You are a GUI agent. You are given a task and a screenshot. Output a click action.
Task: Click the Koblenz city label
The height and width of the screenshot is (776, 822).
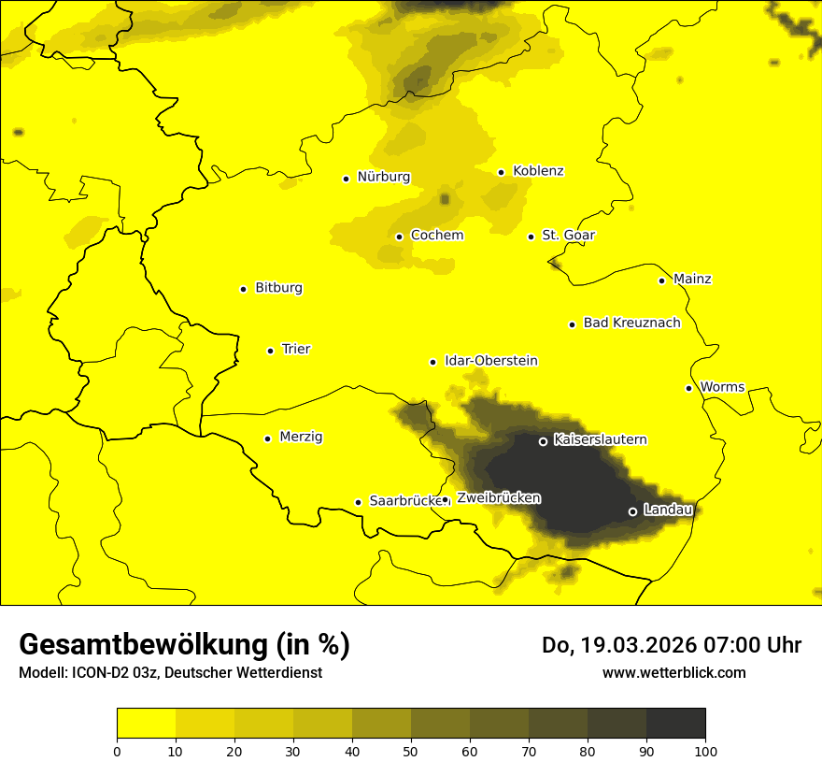coord(538,171)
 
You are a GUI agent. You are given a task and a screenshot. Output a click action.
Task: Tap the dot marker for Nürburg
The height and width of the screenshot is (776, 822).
coord(346,179)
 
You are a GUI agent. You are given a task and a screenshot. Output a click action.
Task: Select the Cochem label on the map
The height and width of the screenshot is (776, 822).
coord(436,236)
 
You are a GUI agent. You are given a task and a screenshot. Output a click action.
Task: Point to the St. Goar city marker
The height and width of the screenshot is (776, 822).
coord(531,237)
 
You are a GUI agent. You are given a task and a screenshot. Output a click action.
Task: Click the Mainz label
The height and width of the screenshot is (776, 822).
coord(692,280)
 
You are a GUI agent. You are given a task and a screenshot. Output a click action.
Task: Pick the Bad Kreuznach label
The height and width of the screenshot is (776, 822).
coord(631,323)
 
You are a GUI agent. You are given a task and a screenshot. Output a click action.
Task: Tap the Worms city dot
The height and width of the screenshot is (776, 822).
coord(688,388)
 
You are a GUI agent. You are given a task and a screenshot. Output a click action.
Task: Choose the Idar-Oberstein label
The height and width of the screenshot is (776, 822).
coord(490,361)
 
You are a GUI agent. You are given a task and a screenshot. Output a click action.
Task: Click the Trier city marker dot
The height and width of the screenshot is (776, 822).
coord(270,351)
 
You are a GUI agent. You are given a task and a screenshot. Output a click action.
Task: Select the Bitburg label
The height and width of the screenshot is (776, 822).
coord(278,288)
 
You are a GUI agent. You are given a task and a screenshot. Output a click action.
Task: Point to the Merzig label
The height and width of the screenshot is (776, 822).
coord(301,438)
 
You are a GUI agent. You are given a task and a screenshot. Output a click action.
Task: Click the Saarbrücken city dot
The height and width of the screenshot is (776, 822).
coord(358,502)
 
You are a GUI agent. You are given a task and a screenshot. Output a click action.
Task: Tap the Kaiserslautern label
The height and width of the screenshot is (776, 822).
coord(600,439)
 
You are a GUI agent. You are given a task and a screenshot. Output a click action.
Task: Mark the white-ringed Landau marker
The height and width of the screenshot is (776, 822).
coord(632,511)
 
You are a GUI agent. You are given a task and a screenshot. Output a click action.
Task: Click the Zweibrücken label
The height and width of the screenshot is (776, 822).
coord(498,498)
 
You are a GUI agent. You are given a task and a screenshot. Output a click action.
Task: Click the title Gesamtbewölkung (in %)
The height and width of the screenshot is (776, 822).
coord(184,645)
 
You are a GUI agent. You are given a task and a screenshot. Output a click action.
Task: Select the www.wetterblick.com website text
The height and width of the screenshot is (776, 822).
coord(673,672)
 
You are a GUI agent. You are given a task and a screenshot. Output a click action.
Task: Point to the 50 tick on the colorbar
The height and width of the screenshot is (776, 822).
coord(411,751)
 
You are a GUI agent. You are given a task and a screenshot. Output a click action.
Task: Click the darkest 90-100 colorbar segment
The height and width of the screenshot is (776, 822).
coord(675,723)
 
